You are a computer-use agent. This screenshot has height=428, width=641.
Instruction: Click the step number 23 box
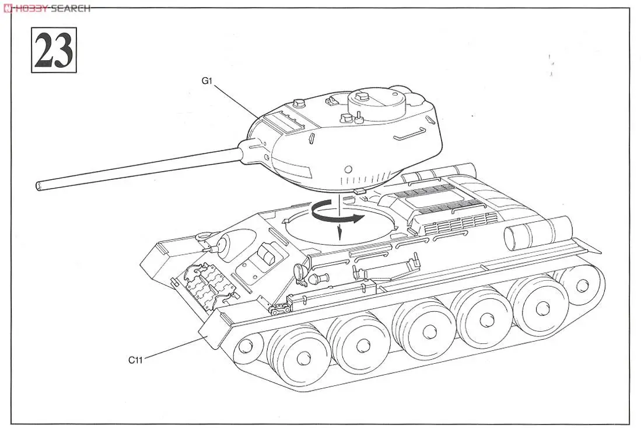(x=54, y=51)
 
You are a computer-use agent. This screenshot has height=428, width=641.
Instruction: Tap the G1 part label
(x=206, y=81)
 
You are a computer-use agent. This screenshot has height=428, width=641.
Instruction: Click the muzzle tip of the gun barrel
(x=39, y=186)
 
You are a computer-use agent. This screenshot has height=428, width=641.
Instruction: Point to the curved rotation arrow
(x=338, y=215)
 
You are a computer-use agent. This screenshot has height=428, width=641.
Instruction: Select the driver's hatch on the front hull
(x=262, y=256)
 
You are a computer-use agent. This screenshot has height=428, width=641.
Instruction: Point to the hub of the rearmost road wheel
(x=581, y=286)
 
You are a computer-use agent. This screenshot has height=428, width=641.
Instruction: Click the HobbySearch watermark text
(x=47, y=8)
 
